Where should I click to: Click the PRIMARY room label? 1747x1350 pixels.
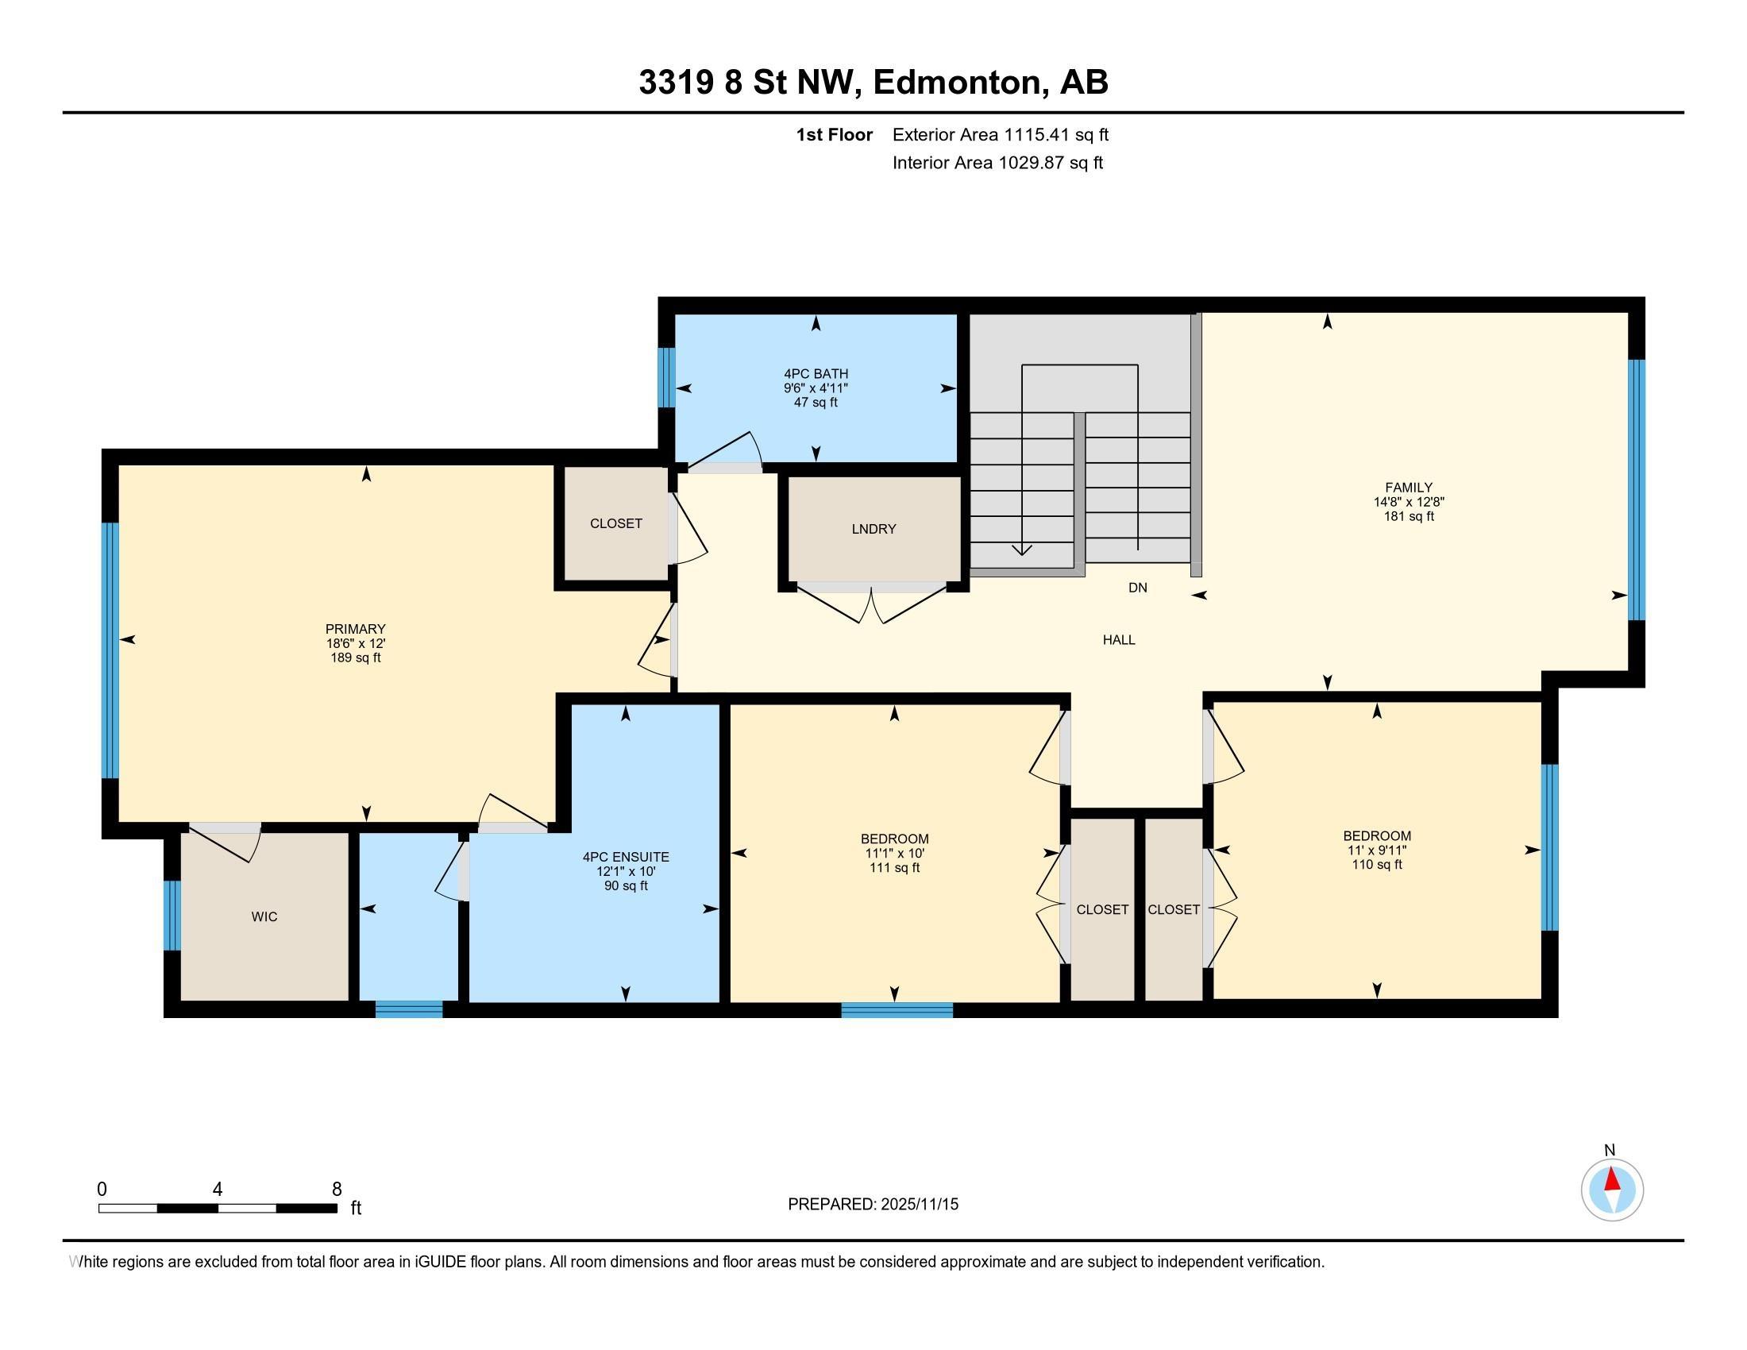pos(355,629)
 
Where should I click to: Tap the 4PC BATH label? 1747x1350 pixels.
pos(815,373)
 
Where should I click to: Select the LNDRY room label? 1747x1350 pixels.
pos(873,529)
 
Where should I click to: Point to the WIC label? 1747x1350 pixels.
pos(264,916)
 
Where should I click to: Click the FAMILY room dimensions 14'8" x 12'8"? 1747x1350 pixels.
pos(1409,502)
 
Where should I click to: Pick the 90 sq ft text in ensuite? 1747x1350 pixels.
pos(626,886)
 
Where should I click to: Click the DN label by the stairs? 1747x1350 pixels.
pos(1137,588)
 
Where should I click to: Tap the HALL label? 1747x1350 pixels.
pos(1118,640)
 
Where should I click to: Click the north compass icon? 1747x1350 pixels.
pos(1612,1190)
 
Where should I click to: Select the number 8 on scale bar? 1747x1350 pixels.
pos(336,1190)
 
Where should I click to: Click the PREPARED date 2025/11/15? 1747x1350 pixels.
pos(918,1205)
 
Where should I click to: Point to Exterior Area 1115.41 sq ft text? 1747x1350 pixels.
pos(1000,135)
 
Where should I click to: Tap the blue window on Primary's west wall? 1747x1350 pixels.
pos(110,650)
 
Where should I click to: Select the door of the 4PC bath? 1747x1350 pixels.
pos(725,459)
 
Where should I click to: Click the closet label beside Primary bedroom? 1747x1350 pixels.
pos(616,524)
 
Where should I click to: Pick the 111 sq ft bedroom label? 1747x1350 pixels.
pos(894,868)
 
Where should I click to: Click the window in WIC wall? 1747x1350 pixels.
pos(172,915)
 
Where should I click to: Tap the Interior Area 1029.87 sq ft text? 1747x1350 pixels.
pos(997,163)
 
